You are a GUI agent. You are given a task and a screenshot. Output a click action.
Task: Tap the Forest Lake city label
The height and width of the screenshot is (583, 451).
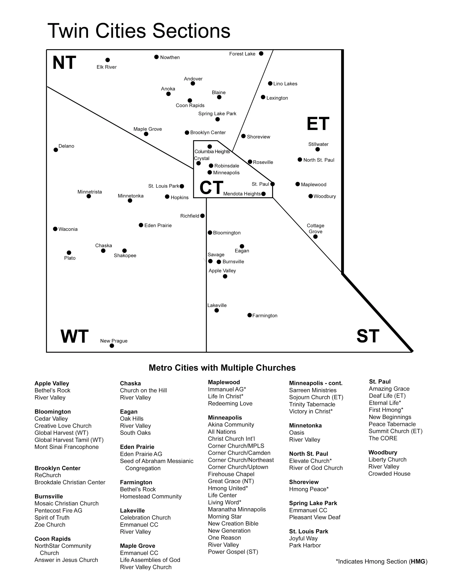242,54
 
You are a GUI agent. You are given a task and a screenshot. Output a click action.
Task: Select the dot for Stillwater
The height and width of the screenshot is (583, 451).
317,149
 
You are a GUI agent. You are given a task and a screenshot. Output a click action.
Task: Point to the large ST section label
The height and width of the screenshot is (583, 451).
368,336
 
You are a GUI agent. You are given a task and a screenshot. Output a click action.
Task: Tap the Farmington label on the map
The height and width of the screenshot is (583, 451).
265,316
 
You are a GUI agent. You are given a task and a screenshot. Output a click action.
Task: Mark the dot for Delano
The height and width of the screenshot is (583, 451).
56,150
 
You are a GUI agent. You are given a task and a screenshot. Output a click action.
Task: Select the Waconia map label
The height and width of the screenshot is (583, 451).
68,229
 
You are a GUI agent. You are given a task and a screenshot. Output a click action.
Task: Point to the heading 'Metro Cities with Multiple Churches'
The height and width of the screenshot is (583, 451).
222,368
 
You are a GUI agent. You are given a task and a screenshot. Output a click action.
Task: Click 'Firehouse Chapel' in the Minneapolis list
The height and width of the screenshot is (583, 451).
231,474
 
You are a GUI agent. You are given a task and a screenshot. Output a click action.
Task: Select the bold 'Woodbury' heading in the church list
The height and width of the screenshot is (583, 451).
383,453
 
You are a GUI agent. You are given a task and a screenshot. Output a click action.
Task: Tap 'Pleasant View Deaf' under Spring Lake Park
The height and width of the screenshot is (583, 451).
315,517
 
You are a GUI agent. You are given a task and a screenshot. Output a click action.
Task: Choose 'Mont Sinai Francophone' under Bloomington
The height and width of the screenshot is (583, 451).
67,447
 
